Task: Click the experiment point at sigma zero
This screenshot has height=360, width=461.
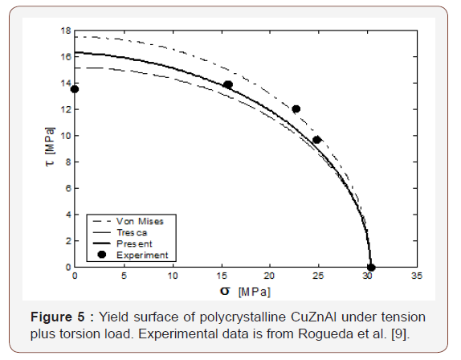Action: tap(75, 89)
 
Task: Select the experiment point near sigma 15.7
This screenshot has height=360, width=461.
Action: tap(228, 85)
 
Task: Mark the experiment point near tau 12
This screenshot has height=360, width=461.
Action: tap(296, 109)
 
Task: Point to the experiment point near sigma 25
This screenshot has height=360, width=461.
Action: tap(316, 140)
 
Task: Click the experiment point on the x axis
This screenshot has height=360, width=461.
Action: tap(370, 268)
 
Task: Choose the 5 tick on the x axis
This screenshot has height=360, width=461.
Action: tap(124, 276)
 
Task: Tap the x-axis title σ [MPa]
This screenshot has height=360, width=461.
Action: tap(245, 289)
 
